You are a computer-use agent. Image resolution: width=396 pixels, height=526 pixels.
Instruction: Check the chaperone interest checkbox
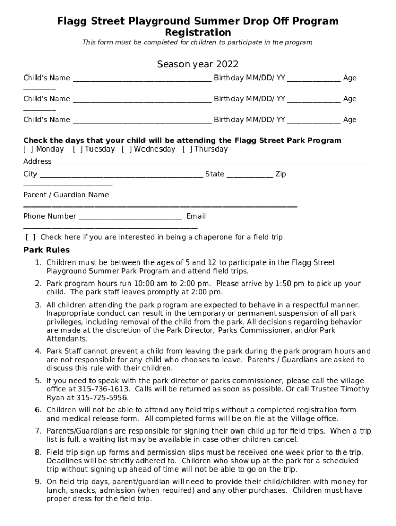(31, 237)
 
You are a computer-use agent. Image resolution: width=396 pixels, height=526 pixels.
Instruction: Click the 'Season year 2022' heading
(197, 64)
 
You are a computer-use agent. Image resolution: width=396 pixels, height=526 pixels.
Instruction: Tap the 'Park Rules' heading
(47, 250)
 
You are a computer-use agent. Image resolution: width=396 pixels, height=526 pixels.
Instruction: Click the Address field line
(212, 164)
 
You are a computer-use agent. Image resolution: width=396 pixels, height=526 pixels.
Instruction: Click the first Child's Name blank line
(142, 80)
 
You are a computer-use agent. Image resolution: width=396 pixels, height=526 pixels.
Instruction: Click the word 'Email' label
(196, 216)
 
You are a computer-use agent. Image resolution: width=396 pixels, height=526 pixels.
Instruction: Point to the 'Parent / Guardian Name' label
(66, 195)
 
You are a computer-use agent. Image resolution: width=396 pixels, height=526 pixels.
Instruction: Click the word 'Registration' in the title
(197, 32)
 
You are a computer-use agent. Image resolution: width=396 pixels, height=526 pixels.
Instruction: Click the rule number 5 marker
(38, 381)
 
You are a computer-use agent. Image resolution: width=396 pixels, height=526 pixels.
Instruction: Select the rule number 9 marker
(38, 482)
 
